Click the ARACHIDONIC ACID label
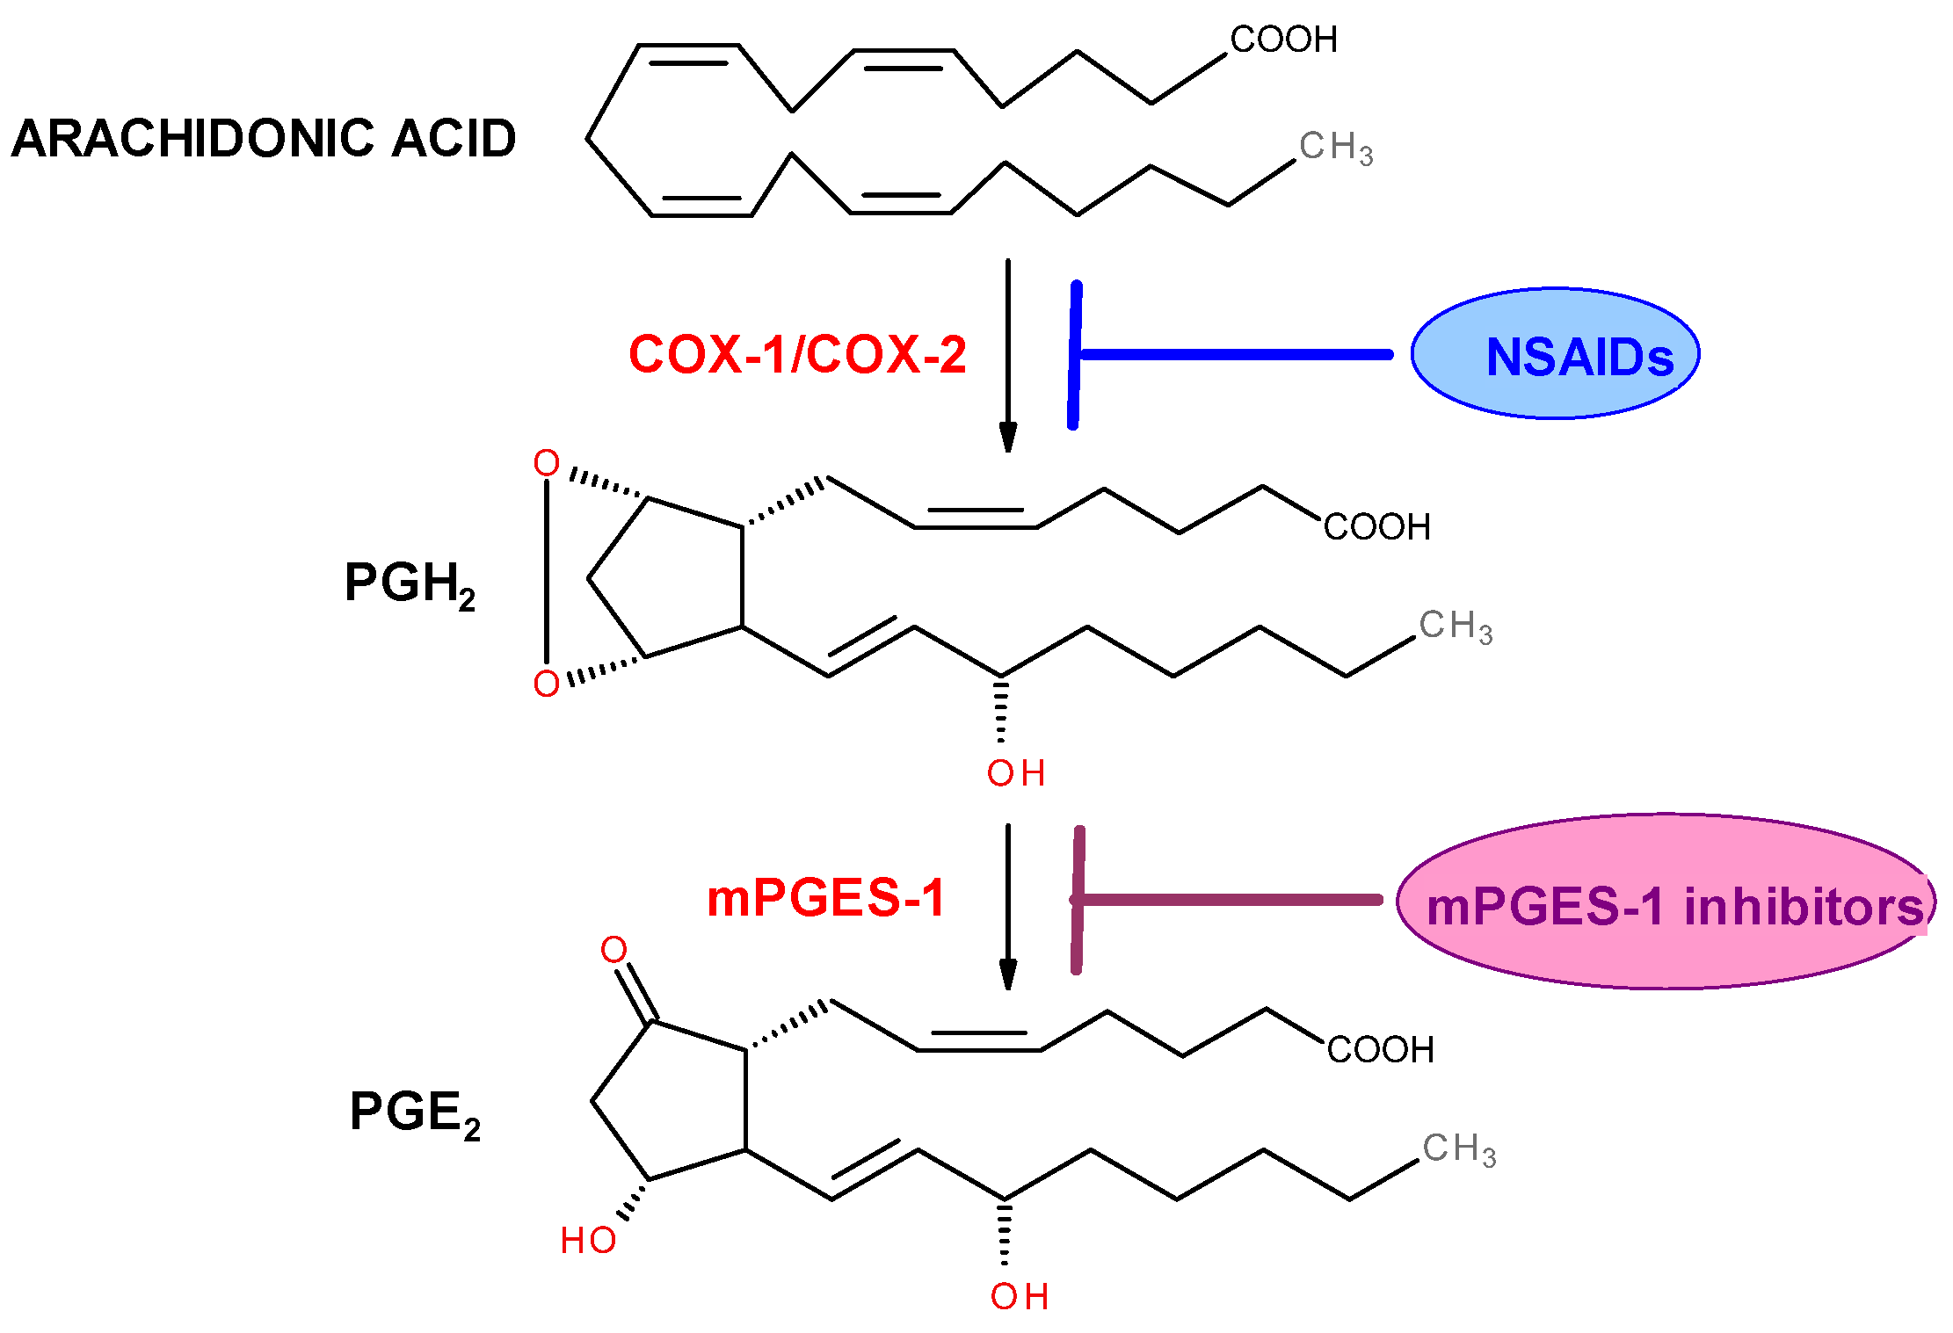coord(263,139)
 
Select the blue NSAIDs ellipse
coord(1555,354)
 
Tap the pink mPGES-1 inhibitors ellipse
coord(1666,902)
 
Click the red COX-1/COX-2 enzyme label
coord(797,355)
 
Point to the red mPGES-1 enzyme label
coord(825,899)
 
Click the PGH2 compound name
coord(410,583)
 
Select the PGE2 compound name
coord(415,1112)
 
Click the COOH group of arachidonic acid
coord(1283,40)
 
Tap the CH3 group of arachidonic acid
coord(1335,147)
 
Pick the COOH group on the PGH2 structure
coord(1376,527)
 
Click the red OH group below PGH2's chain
coord(1015,773)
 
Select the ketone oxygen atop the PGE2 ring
coord(613,949)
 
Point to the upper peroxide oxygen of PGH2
coord(547,463)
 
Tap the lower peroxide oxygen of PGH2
coord(547,684)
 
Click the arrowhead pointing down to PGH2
coord(1008,437)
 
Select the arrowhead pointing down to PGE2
coord(1008,974)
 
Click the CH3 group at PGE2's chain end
coord(1459,1149)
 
